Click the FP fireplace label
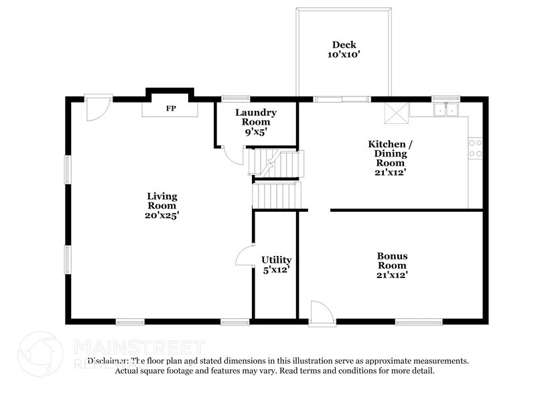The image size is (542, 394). [171, 107]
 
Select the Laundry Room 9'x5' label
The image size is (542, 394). [256, 122]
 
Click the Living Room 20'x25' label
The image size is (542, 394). [162, 206]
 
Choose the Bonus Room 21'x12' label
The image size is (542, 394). [392, 265]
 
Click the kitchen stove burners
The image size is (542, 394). [476, 148]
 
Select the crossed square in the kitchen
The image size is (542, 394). [395, 113]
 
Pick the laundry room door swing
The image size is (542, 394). [233, 155]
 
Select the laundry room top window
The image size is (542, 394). [236, 99]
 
